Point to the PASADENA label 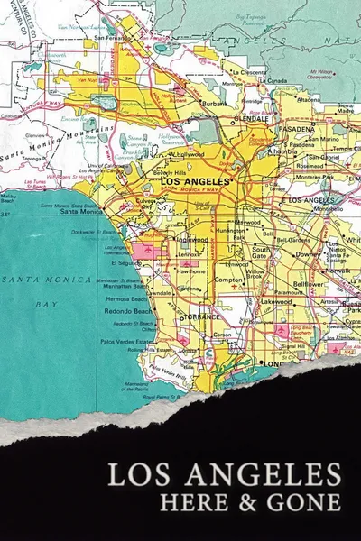pos(296,129)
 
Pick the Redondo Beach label pos(131,309)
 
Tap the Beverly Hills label pos(143,171)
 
